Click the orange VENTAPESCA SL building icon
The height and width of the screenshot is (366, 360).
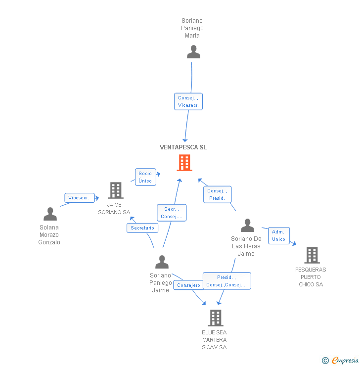(184, 163)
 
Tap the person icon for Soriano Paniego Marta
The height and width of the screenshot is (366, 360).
(193, 52)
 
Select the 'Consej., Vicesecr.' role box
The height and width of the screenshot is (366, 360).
(188, 101)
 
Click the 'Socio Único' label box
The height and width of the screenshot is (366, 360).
(145, 177)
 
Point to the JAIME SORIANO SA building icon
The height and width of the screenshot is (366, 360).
(115, 190)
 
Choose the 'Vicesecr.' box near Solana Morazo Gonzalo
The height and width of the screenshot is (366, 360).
(79, 198)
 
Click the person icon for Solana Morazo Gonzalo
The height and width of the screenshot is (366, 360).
(50, 214)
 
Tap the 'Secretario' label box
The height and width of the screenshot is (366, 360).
(142, 228)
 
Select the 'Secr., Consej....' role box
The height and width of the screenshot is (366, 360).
(172, 213)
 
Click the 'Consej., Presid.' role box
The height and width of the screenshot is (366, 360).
(217, 194)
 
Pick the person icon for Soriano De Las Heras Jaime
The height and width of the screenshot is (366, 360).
(247, 226)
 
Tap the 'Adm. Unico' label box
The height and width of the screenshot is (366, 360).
(279, 235)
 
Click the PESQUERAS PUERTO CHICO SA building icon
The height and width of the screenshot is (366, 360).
(312, 255)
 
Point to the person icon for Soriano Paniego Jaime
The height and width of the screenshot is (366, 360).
(162, 262)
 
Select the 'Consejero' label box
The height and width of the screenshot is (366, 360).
(188, 285)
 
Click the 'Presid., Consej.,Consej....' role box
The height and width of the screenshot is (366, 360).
(226, 281)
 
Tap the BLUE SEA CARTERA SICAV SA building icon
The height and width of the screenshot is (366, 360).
(215, 318)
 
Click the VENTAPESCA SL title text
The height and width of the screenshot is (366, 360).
(183, 147)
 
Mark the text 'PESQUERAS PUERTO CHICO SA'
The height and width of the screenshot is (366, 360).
(311, 277)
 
